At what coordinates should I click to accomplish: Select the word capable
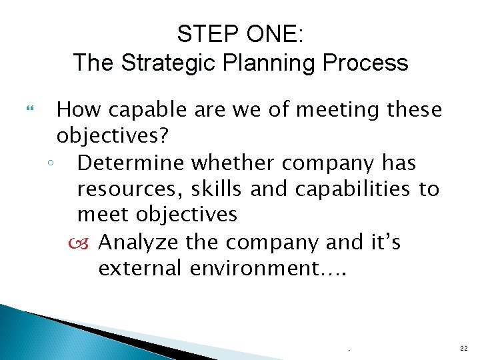point(139,109)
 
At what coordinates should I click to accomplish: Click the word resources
point(131,189)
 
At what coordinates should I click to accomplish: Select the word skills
point(218,189)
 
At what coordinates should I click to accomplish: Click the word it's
point(385,242)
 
